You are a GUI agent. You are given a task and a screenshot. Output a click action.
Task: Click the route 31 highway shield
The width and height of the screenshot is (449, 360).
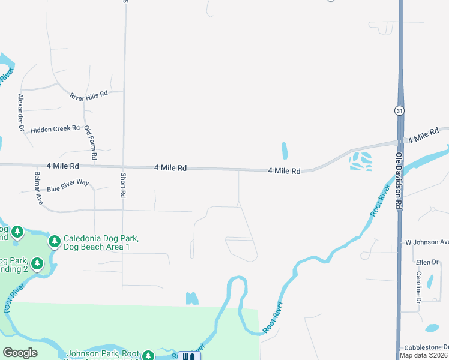[x=399, y=110]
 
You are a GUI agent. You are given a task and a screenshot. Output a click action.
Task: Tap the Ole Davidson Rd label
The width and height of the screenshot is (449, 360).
[x=398, y=179]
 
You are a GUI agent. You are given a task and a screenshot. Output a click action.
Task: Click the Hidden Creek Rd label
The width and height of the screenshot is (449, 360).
[x=55, y=129]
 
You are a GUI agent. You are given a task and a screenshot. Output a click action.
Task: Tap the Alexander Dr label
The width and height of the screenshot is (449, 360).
[x=21, y=112]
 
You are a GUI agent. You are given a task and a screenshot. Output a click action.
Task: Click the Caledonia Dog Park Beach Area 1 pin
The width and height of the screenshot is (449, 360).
[x=55, y=241]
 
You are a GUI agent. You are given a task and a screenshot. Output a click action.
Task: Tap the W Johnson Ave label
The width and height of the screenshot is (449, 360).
[x=427, y=242]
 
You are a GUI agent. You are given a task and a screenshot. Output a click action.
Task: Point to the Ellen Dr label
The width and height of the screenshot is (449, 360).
[x=427, y=263]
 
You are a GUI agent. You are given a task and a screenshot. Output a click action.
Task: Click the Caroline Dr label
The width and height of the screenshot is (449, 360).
[x=418, y=286]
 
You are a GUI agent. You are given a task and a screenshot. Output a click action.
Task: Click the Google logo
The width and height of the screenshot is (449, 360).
[x=20, y=353]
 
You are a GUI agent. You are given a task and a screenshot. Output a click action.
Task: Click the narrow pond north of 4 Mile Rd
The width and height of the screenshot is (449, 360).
[x=284, y=151]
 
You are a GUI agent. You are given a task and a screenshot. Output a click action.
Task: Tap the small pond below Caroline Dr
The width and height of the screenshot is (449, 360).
[x=432, y=328]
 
